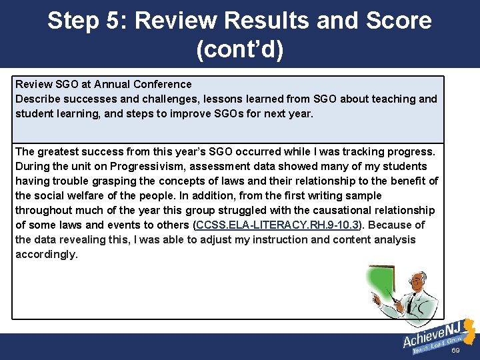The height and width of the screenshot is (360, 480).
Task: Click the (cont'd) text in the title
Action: [x=239, y=50]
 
